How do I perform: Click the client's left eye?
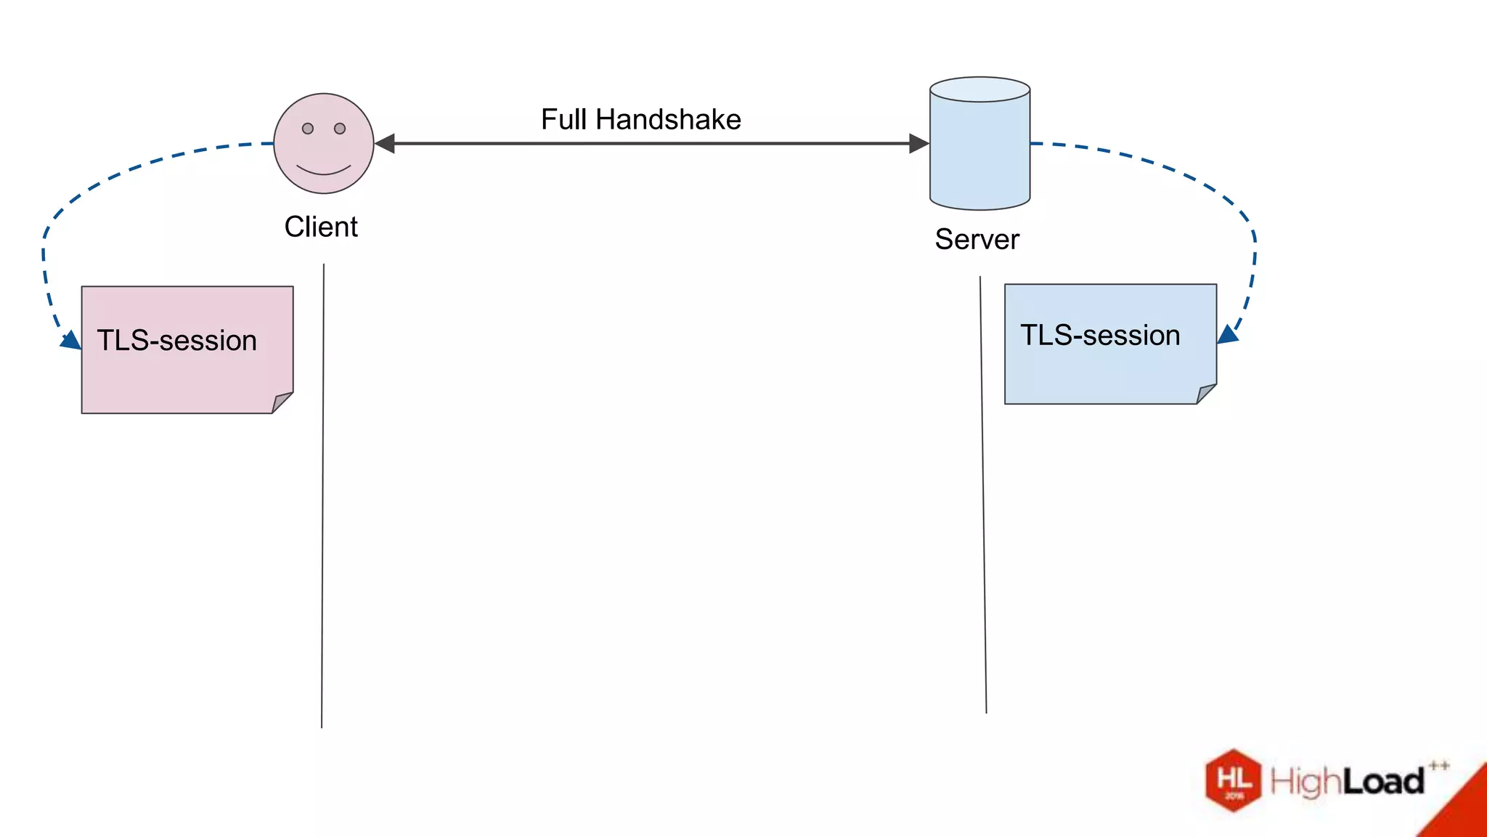(308, 129)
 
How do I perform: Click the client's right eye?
(340, 129)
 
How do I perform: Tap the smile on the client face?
(324, 171)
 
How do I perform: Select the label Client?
(321, 227)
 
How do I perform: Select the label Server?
(977, 239)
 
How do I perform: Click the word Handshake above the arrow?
(668, 119)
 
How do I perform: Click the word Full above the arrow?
(563, 119)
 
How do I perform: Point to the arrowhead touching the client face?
(385, 144)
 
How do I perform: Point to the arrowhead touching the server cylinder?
(919, 144)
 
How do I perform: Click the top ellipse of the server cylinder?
(979, 89)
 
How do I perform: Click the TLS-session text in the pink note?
(177, 341)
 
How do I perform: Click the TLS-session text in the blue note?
(1100, 336)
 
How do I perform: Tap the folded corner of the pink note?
(282, 403)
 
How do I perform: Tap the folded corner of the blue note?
(1205, 394)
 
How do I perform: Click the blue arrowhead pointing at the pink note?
(72, 341)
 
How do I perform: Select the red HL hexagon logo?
(1234, 780)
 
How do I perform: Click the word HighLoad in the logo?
(1347, 782)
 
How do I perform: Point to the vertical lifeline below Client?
(322, 494)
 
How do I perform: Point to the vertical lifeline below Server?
(983, 494)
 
